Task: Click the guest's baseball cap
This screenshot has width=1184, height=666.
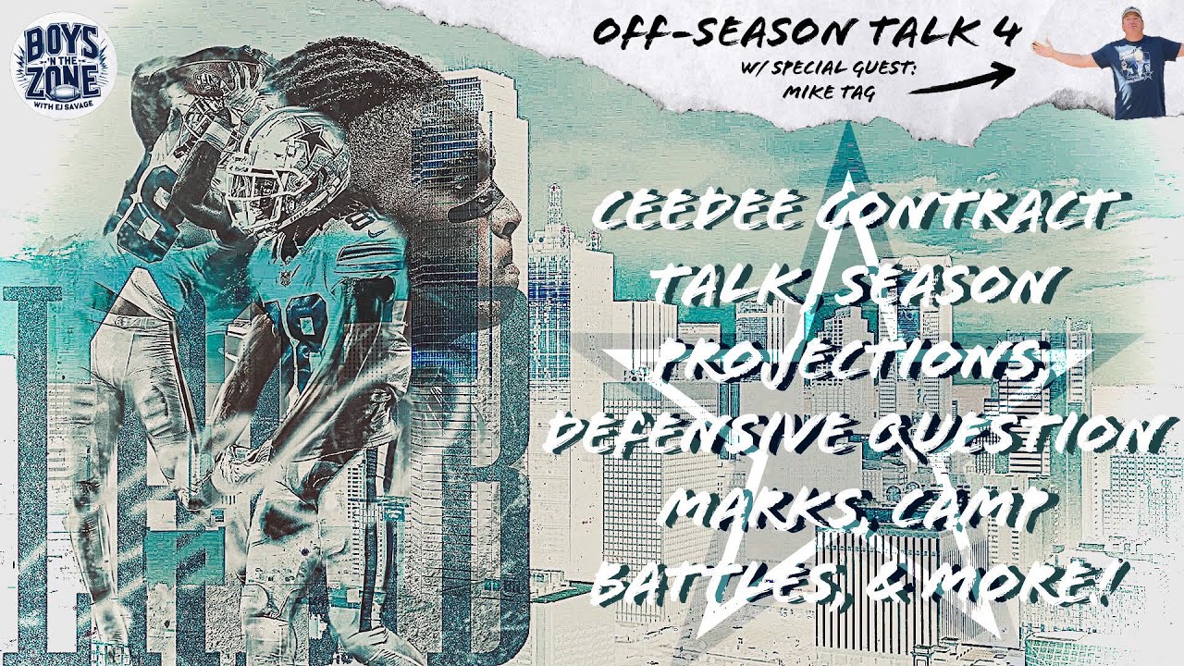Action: (x=1131, y=14)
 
